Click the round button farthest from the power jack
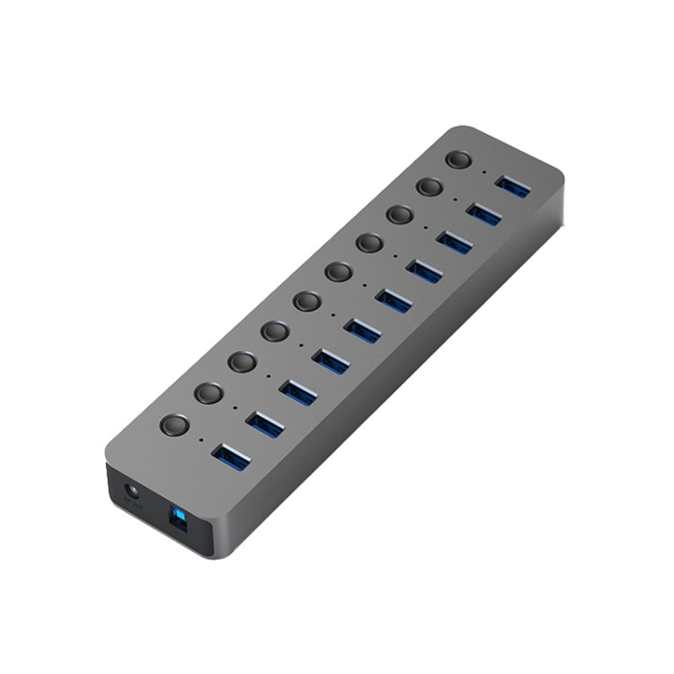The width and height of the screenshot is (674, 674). [459, 161]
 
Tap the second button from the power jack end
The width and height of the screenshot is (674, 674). [208, 394]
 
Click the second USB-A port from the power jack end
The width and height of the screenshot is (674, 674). [264, 422]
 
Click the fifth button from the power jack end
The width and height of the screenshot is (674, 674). [307, 301]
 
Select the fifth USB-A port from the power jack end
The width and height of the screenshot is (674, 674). [362, 330]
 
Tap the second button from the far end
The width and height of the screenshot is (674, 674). [430, 187]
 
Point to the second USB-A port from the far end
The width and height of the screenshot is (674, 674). [483, 213]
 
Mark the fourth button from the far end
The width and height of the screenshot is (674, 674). [368, 243]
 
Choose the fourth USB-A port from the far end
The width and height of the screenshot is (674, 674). [422, 270]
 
